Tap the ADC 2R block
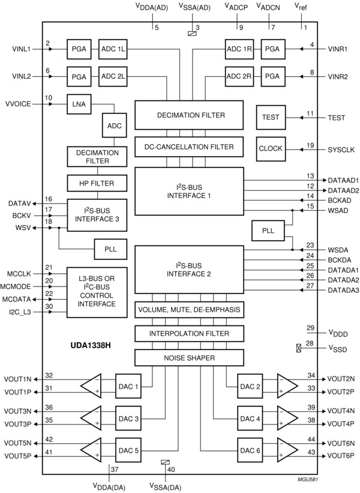click(x=239, y=76)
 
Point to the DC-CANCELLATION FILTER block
click(x=189, y=147)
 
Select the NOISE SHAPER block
click(x=189, y=358)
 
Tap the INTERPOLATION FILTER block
click(x=189, y=333)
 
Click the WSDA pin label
click(x=338, y=250)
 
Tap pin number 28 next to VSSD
click(x=310, y=343)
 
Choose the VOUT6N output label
click(x=341, y=443)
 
